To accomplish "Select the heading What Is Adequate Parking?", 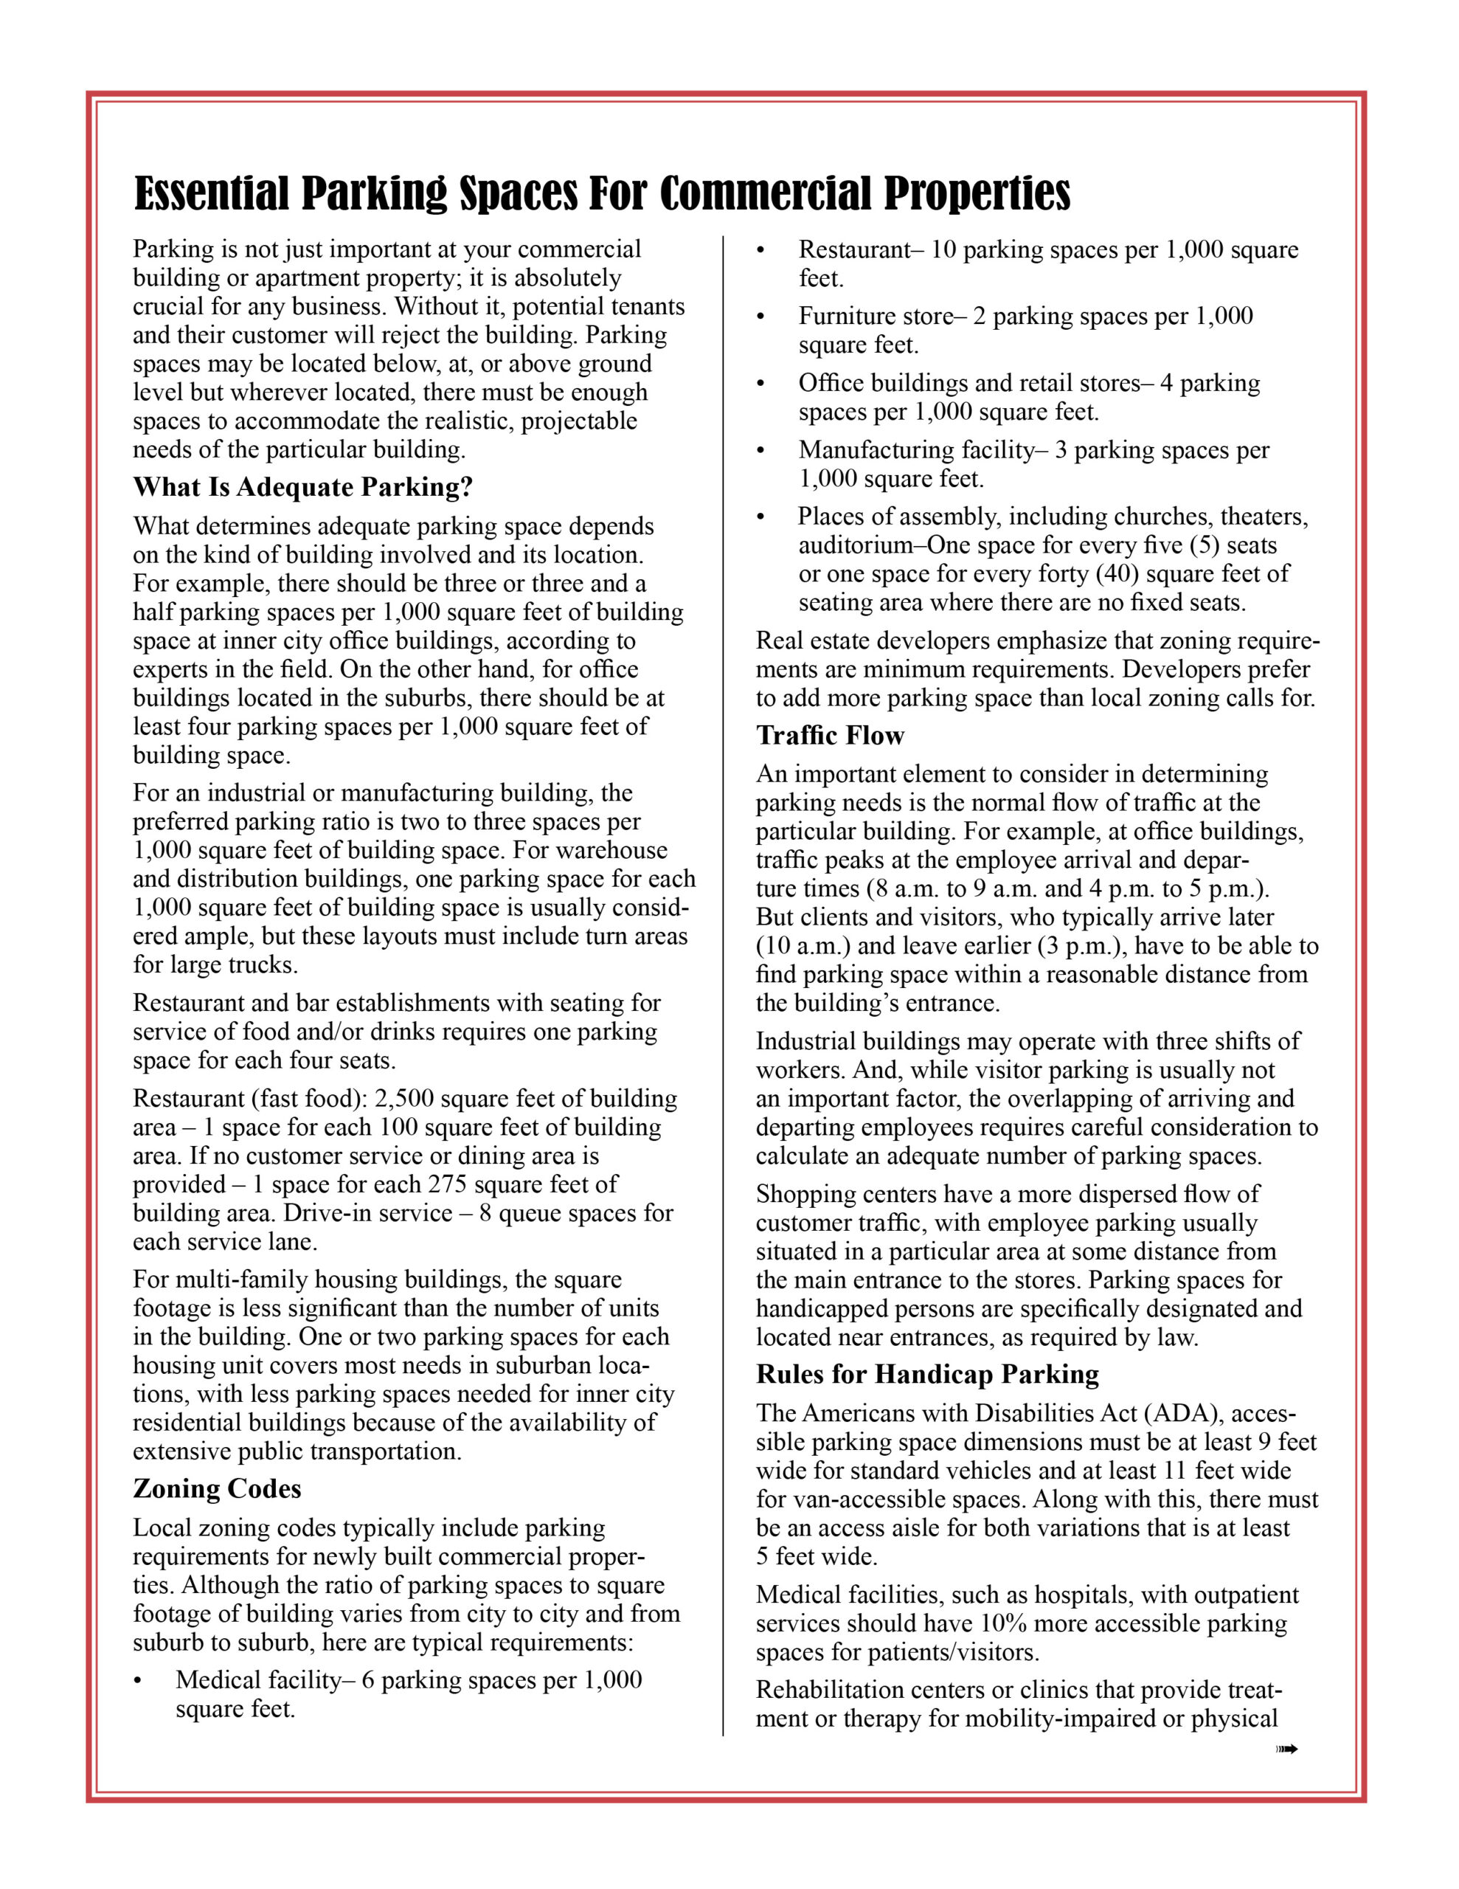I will pos(302,488).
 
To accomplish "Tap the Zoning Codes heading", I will pos(217,1488).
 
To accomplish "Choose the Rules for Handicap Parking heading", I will pos(927,1375).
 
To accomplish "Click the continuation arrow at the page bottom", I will pos(1287,1750).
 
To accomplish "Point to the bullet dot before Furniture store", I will pos(761,317).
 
